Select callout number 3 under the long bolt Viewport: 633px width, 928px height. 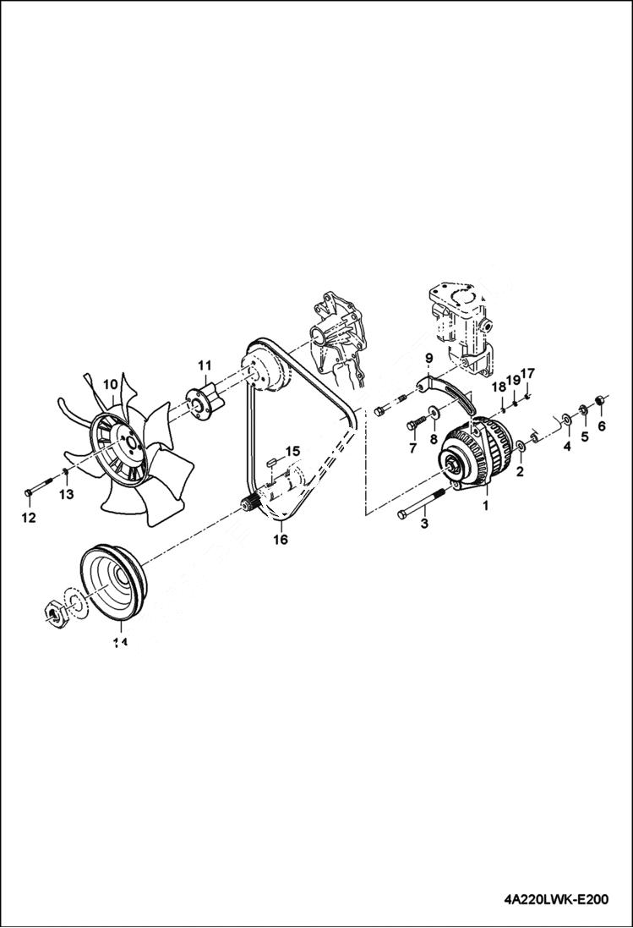424,524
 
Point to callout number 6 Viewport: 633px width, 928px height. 602,426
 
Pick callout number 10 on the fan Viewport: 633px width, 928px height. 110,385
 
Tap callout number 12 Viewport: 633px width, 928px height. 29,518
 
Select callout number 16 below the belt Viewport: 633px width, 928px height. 281,538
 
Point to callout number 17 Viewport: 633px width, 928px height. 528,373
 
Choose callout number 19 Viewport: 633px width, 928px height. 513,380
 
